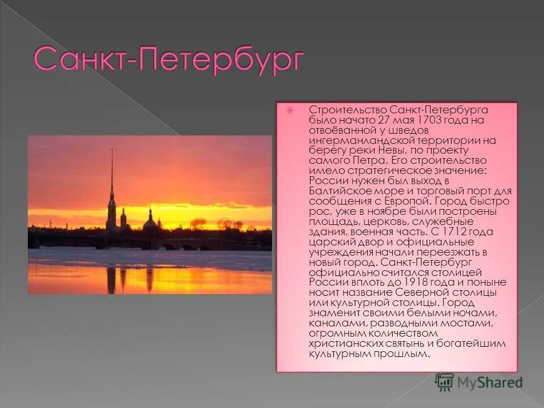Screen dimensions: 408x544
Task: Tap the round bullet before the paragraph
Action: tap(290, 110)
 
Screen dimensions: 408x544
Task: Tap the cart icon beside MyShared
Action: tap(445, 382)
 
